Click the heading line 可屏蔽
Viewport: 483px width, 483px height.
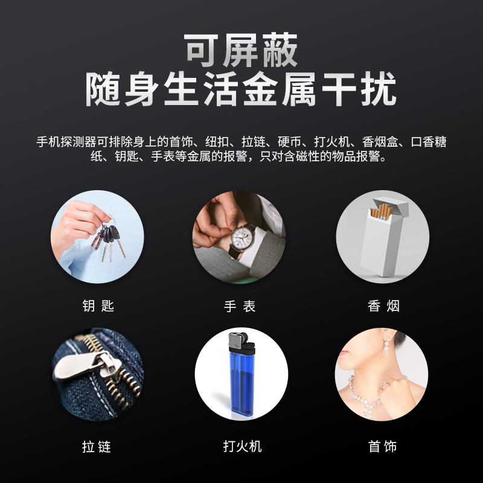(241, 50)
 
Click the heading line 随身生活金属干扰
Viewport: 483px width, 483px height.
(241, 89)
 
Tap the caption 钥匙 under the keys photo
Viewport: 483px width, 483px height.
(98, 306)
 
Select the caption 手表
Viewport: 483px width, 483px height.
(240, 306)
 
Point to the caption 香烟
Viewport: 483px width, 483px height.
(383, 306)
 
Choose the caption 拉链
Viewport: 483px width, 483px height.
(97, 447)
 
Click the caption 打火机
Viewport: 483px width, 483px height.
(243, 446)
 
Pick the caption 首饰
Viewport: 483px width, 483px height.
(382, 446)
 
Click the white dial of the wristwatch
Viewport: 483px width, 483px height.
(241, 238)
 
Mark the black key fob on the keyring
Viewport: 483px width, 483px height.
(110, 234)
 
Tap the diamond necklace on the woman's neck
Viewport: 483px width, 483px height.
(363, 397)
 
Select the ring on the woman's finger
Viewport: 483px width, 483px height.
(385, 385)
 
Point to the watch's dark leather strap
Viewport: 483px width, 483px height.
(235, 254)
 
